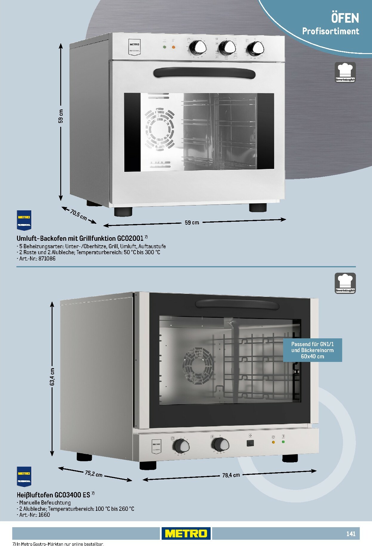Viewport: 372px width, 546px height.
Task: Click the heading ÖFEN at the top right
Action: coord(345,18)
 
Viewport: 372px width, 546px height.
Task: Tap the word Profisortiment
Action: coord(331,31)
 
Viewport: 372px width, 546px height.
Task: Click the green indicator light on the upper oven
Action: coord(164,47)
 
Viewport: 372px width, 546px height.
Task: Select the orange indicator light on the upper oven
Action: coord(174,47)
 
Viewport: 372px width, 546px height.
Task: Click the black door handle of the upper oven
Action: coord(204,73)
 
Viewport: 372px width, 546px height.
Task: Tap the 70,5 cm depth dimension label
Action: coord(79,215)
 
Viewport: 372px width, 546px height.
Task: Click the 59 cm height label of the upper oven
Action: coord(61,116)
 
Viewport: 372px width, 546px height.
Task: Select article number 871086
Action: coord(47,259)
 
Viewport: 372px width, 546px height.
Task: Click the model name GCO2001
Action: coord(130,238)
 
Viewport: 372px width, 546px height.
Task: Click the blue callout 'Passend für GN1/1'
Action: coord(312,350)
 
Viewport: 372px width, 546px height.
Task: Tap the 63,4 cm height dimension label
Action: coord(53,377)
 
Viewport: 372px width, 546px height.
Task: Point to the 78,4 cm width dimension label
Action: coord(231,475)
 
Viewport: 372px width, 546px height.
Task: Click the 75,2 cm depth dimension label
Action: coord(94,474)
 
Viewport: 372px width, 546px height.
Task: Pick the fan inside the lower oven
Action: coord(198,365)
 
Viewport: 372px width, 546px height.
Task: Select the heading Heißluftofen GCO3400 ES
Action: coord(53,495)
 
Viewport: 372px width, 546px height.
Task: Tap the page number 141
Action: coord(351,534)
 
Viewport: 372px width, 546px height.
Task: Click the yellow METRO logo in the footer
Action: coord(186,533)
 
